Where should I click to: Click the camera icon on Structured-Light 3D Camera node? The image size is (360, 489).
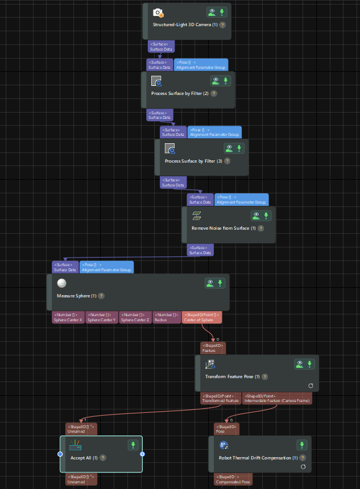pyautogui.click(x=158, y=13)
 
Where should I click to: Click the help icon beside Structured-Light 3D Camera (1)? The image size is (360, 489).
pyautogui.click(x=222, y=25)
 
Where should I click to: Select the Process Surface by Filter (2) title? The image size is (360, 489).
pyautogui.click(x=180, y=93)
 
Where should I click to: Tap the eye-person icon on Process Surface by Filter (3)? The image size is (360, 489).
pyautogui.click(x=229, y=148)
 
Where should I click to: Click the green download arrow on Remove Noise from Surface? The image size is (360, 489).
pyautogui.click(x=266, y=216)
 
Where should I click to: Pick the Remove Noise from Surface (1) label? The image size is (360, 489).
pyautogui.click(x=224, y=229)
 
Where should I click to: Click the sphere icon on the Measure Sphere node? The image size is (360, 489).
pyautogui.click(x=61, y=283)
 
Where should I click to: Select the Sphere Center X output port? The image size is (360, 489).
pyautogui.click(x=69, y=317)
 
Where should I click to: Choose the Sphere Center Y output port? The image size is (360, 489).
pyautogui.click(x=102, y=317)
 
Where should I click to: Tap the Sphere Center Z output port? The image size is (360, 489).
pyautogui.click(x=135, y=317)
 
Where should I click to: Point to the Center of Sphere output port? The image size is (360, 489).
pyautogui.click(x=201, y=317)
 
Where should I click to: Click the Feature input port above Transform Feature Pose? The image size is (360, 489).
pyautogui.click(x=213, y=348)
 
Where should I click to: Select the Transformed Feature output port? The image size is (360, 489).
pyautogui.click(x=221, y=398)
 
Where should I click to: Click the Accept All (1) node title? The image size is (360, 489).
pyautogui.click(x=84, y=458)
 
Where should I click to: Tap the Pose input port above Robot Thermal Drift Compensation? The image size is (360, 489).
pyautogui.click(x=225, y=429)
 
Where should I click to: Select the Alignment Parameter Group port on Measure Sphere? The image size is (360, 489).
pyautogui.click(x=107, y=267)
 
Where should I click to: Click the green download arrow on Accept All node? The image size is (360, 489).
pyautogui.click(x=133, y=445)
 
